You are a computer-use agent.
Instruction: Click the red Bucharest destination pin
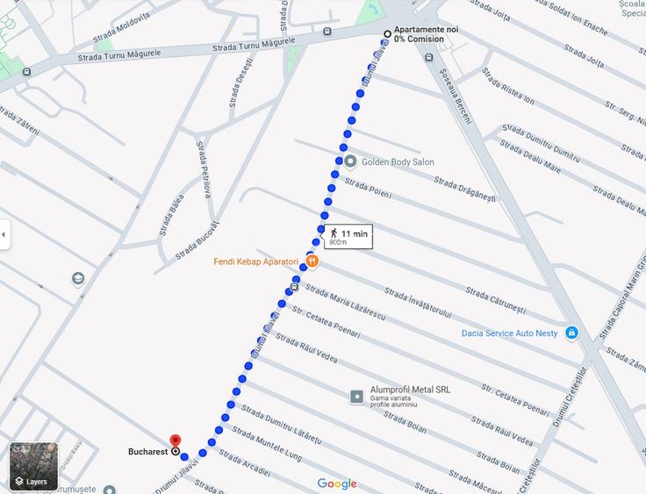coord(174,441)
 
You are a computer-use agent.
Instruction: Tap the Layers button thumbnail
coord(33,466)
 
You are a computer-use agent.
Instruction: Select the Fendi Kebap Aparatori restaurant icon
coord(312,261)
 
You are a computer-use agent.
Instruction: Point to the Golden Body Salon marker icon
coord(350,161)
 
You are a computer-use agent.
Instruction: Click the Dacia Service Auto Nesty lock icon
coord(571,333)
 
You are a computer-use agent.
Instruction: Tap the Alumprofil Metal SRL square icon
coord(357,397)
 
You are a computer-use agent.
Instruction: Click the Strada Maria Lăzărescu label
coord(345,303)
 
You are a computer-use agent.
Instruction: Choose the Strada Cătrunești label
coord(495,300)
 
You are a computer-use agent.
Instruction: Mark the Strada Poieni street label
coord(368,187)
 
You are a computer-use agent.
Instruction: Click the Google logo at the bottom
coord(337,483)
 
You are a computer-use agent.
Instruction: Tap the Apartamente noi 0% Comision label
coord(426,34)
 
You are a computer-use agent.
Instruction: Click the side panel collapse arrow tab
coord(4,234)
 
